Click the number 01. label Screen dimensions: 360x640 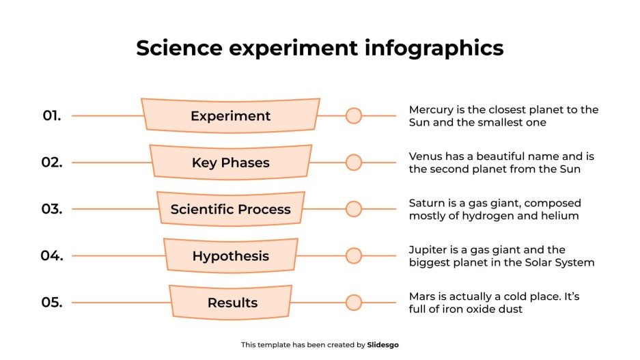coord(52,116)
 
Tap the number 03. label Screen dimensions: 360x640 coord(52,209)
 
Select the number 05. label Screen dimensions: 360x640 coord(52,303)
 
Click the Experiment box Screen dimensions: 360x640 coord(230,116)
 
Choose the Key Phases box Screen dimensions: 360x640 coord(230,163)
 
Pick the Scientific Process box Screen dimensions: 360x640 coord(230,209)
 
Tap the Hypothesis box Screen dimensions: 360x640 coord(230,256)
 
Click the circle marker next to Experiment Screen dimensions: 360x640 coord(353,116)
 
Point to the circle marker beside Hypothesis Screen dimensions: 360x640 coord(353,256)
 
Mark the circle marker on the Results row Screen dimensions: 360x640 coord(353,303)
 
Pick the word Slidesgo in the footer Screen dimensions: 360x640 coord(382,345)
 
